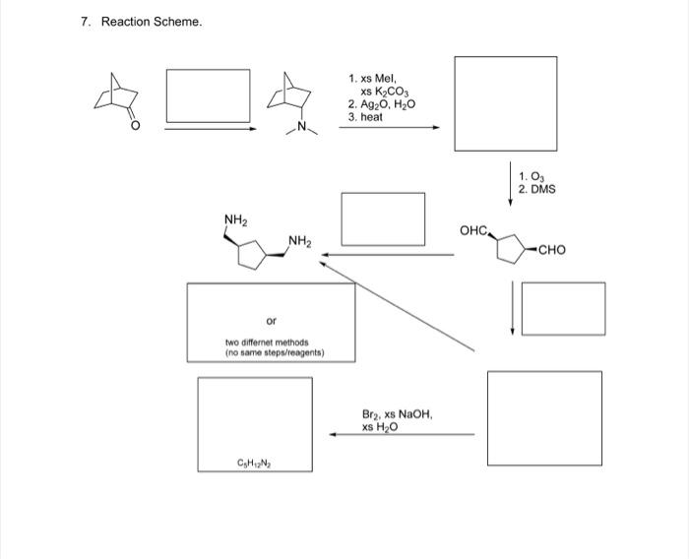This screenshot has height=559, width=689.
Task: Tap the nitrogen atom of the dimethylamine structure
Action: click(302, 126)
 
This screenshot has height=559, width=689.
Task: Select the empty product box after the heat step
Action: click(505, 103)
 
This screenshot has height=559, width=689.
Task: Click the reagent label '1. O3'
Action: click(530, 175)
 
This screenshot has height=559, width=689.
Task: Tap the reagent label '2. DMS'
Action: click(536, 188)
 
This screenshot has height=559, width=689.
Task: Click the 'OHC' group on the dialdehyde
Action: click(473, 230)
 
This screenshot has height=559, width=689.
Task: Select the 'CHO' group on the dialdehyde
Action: click(552, 250)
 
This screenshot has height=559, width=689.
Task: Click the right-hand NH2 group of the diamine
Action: click(300, 240)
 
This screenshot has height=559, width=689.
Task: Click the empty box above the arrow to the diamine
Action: click(383, 218)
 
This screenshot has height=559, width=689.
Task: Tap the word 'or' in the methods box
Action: click(271, 321)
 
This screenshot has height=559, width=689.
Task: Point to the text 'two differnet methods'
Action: click(267, 342)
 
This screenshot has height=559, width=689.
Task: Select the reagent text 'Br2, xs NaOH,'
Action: click(398, 415)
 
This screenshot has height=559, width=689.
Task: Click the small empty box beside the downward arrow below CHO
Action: click(563, 308)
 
